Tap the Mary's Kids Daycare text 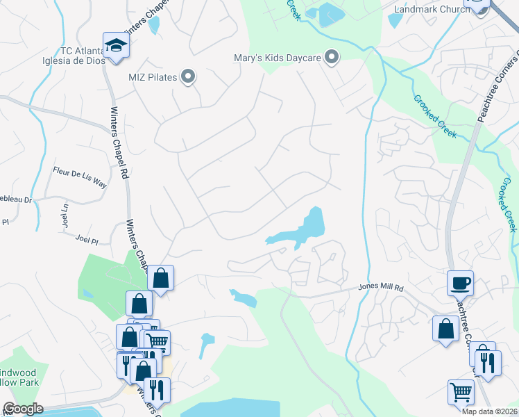point(278,58)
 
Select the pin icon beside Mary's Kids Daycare point(332,57)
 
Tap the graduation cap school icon point(117,47)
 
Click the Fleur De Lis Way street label point(80,179)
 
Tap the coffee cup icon point(460,284)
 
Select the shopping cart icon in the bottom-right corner point(460,393)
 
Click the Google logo point(22,409)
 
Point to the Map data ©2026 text point(488,411)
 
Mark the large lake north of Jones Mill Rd point(305,229)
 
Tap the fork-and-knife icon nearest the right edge point(489,363)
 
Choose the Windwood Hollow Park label point(21,375)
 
